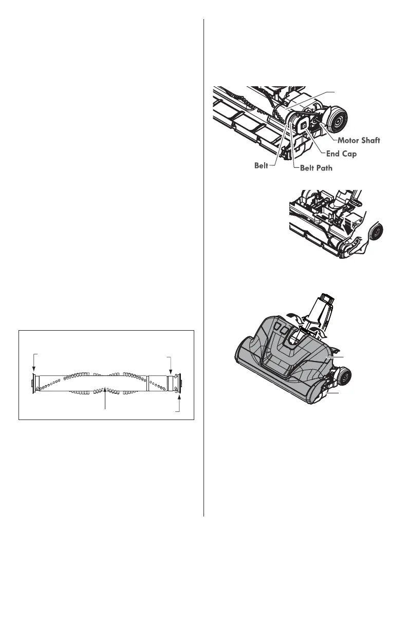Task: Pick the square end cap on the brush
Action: pyautogui.click(x=303, y=125)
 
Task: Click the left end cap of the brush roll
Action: pyautogui.click(x=33, y=383)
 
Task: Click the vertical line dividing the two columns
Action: pyautogui.click(x=205, y=267)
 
